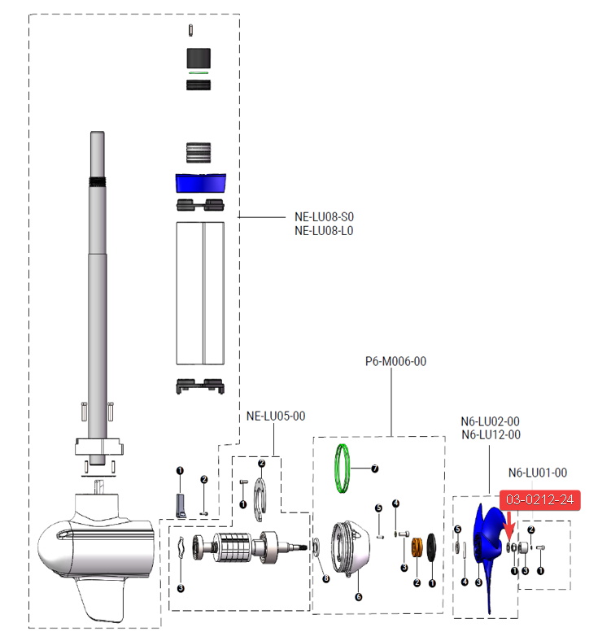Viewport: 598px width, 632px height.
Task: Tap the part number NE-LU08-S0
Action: point(324,217)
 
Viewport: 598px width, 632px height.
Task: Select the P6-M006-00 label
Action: point(395,361)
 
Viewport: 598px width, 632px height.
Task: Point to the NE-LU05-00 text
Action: point(276,416)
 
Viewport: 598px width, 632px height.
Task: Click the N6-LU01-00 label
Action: point(537,472)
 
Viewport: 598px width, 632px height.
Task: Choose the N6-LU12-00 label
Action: point(490,434)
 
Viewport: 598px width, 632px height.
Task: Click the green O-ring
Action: point(345,469)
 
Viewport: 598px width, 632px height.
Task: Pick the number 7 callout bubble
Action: point(375,469)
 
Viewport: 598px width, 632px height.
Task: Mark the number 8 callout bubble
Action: point(325,579)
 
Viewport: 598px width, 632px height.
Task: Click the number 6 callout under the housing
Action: point(358,596)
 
